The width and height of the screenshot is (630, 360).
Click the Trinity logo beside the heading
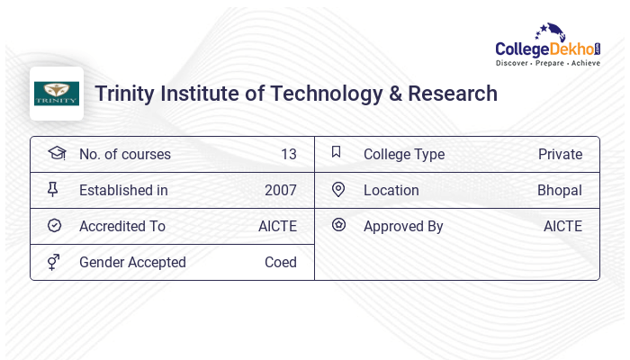pos(57,94)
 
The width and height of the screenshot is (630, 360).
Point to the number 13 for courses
pos(288,154)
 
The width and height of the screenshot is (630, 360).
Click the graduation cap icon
pos(56,153)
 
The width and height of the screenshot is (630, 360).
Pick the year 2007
pos(280,190)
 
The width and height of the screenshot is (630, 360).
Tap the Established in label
pos(123,190)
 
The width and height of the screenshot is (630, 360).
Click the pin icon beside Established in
pos(53,189)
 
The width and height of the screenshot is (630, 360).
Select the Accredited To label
pos(122,226)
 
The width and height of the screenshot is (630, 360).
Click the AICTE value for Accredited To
pos(277,226)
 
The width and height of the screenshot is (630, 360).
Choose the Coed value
pos(280,262)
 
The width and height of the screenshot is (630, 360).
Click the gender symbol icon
pos(53,262)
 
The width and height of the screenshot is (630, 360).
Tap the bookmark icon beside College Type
pos(336,152)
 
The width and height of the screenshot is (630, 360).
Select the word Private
pos(560,154)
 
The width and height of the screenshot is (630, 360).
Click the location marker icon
pos(338,189)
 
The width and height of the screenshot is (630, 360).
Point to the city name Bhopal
pos(560,190)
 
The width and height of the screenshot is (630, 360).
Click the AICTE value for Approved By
pos(562,226)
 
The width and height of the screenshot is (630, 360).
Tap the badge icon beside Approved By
pos(338,225)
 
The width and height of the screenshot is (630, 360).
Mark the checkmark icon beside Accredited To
pos(54,225)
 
